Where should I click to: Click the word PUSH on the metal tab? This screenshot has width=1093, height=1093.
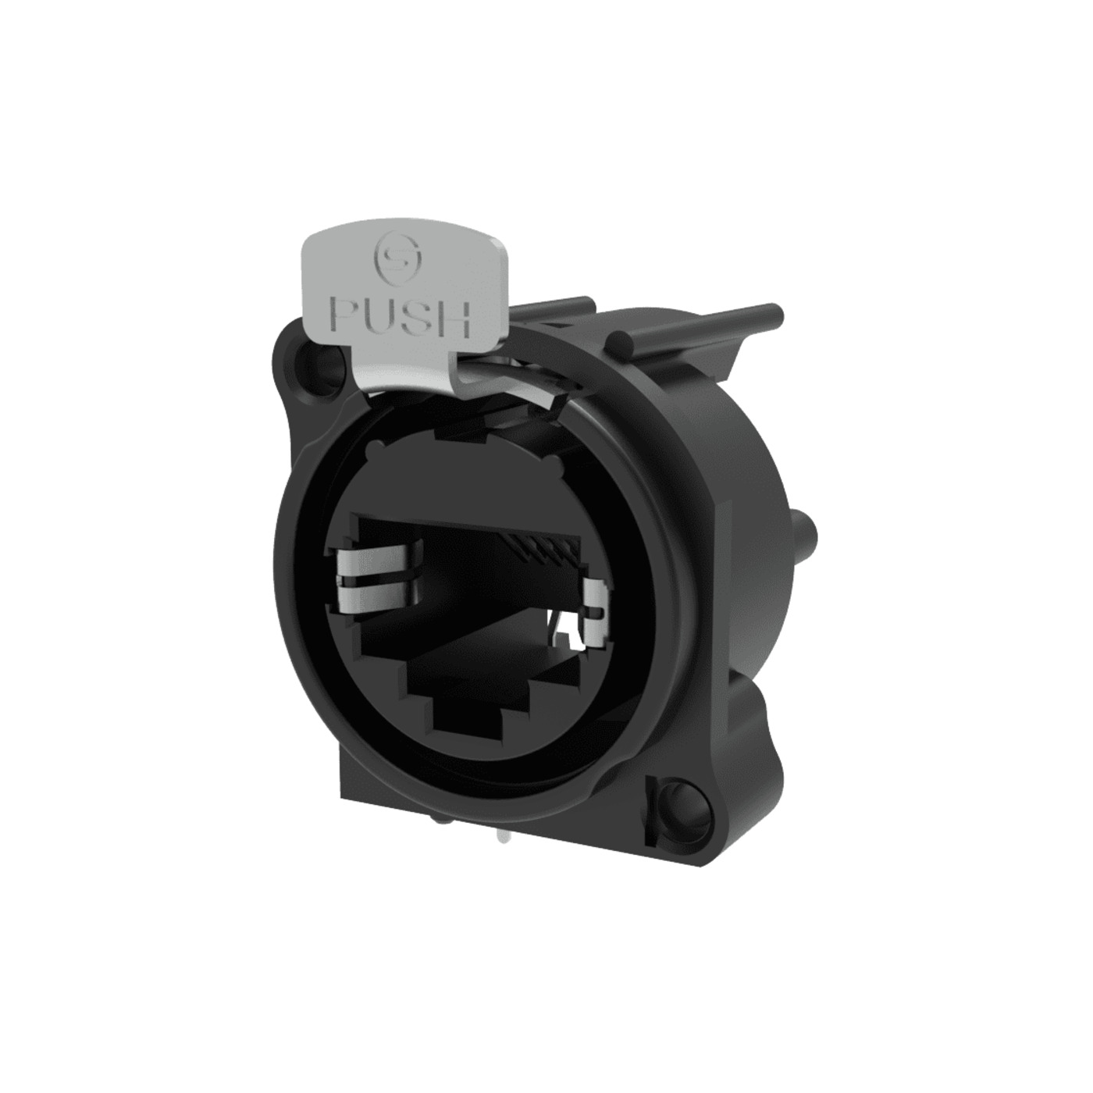tap(401, 319)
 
